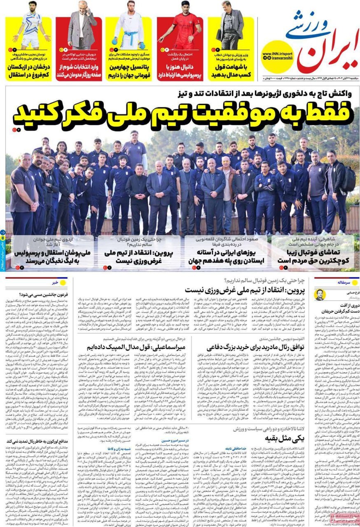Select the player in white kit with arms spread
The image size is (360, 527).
click(31, 25)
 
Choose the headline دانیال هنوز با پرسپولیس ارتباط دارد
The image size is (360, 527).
click(180, 71)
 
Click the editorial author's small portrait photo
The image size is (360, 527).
click(320, 294)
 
